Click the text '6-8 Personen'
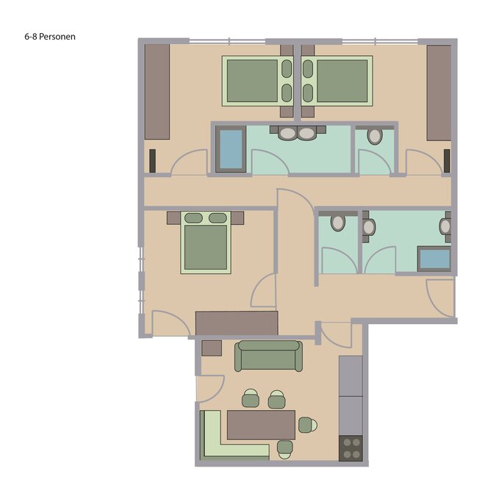50,37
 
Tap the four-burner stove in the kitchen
351,448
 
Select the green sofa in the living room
268,356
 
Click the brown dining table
261,425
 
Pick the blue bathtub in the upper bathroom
231,149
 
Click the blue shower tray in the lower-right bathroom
434,259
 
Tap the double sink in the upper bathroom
298,133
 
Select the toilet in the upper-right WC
375,137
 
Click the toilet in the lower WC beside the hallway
338,223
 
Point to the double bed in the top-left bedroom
258,81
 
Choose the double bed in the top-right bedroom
337,81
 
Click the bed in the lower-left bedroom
206,242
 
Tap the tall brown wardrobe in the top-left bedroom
157,92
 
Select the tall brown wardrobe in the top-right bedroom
439,93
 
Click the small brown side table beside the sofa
212,348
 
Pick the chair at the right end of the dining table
307,425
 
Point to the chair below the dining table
285,450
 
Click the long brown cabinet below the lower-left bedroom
237,323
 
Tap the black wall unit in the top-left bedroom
153,161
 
